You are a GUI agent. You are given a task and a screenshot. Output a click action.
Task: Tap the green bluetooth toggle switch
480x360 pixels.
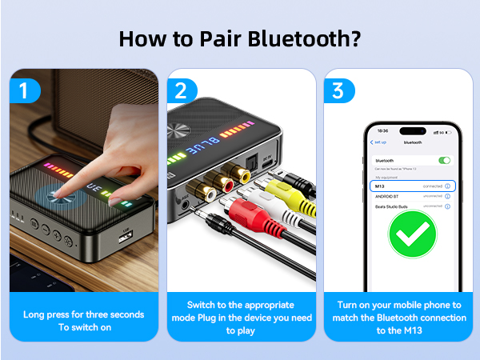(x=444, y=160)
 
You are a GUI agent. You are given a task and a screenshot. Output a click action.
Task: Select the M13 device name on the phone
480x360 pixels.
(x=381, y=186)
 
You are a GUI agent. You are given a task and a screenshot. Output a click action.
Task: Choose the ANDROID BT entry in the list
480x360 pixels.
(x=387, y=195)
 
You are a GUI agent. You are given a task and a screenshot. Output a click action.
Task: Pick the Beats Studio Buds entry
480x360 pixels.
(x=392, y=206)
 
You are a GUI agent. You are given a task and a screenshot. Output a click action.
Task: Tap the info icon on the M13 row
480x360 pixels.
(x=447, y=186)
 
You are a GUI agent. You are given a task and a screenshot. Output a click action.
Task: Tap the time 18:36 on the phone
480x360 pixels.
(x=382, y=130)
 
